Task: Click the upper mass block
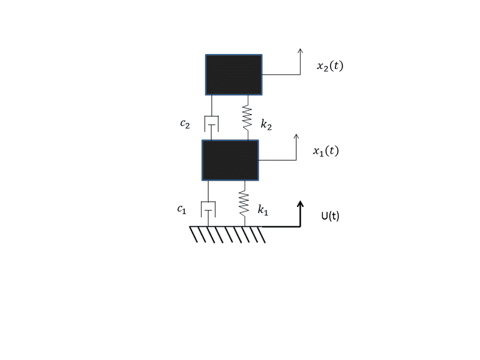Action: click(233, 74)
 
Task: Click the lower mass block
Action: click(230, 160)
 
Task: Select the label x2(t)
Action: click(329, 66)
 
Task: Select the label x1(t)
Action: click(325, 151)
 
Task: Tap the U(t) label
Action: click(330, 216)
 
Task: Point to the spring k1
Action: click(244, 203)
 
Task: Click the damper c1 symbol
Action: click(208, 209)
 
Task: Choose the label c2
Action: click(185, 124)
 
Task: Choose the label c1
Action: click(181, 209)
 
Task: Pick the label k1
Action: click(263, 210)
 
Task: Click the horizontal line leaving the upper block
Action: click(281, 74)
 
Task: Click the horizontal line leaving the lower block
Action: click(277, 160)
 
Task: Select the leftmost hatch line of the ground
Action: click(196, 235)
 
